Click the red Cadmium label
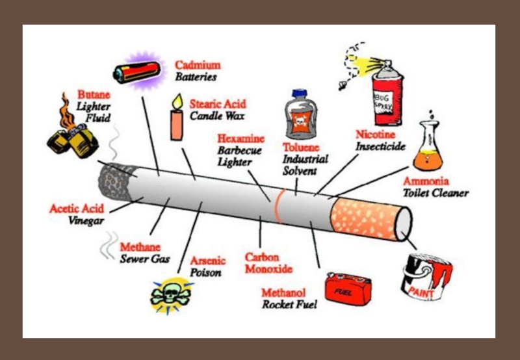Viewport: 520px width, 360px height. pos(198,66)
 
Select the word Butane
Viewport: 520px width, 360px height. pos(94,94)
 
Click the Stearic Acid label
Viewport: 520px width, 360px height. pos(218,104)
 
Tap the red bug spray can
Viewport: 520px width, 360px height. pos(387,92)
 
